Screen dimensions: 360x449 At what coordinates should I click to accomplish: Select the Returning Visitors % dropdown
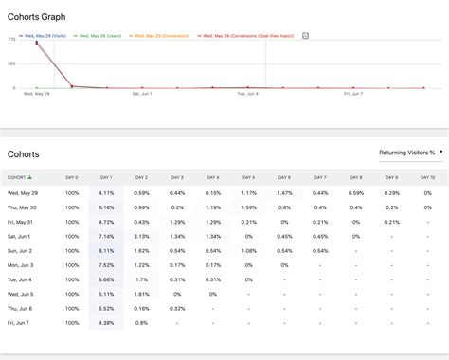point(404,152)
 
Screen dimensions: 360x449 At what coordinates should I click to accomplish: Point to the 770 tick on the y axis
point(11,40)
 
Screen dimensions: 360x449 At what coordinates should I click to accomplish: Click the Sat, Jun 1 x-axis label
point(142,93)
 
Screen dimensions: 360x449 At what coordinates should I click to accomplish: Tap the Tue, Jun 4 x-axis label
point(247,93)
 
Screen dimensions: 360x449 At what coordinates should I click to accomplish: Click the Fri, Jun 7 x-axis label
point(353,93)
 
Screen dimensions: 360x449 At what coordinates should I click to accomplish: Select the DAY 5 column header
point(248,177)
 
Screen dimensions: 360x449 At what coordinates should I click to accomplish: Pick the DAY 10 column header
point(426,177)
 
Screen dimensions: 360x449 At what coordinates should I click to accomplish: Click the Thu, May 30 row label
point(24,207)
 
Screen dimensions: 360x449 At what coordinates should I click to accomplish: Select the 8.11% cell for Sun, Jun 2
point(105,252)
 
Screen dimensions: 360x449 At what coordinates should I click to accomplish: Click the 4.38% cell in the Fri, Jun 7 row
point(105,323)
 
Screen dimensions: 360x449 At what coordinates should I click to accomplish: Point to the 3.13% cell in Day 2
point(141,237)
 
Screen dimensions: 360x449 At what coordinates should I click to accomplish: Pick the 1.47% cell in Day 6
point(284,192)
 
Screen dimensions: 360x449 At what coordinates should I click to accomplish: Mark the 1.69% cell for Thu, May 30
point(248,207)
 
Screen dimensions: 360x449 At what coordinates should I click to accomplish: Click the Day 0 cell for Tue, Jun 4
point(71,280)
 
